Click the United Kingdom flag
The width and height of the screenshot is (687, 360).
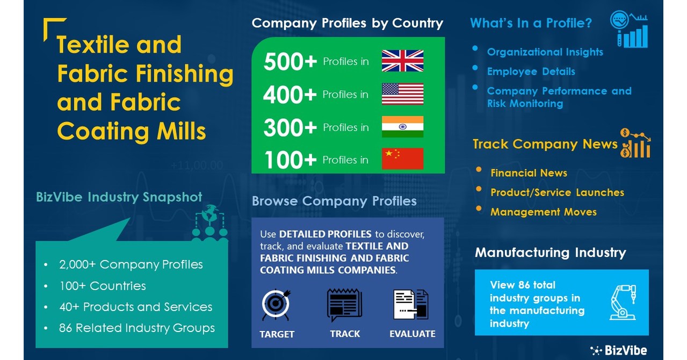tap(402, 61)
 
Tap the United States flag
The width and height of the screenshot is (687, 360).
tap(402, 94)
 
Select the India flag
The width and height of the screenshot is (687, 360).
tap(402, 127)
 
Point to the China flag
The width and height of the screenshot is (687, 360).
tap(402, 159)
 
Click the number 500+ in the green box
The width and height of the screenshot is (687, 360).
tap(290, 62)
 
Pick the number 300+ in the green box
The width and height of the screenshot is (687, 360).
tap(290, 127)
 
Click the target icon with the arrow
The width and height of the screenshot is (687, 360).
tap(277, 305)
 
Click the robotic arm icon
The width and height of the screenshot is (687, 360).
tap(623, 303)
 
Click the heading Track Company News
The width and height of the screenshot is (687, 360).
tap(545, 144)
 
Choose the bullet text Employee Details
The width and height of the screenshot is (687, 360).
tap(531, 71)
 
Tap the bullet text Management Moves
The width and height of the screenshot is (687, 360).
tap(543, 212)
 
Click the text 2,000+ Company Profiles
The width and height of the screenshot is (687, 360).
tap(131, 264)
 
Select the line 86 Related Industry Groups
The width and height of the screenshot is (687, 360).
tap(136, 328)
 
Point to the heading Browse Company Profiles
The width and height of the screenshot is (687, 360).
tap(334, 201)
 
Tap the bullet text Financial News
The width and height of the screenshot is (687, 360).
tap(529, 173)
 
